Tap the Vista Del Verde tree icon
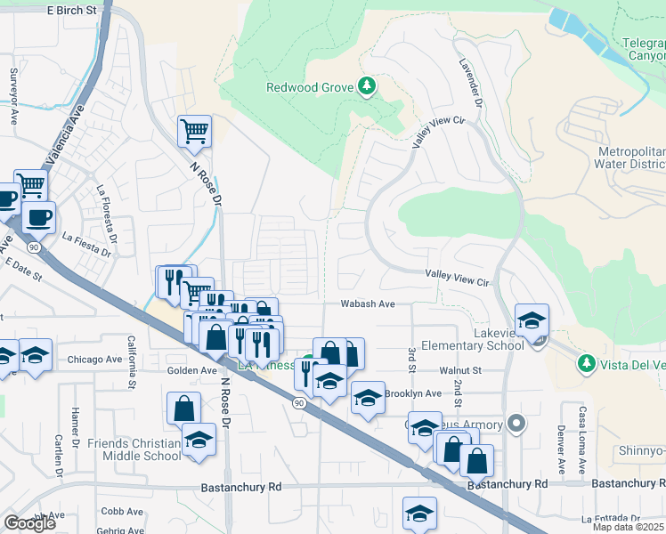pos(586,362)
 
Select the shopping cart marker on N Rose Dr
pos(194,133)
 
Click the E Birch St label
pos(70,10)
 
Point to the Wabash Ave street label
pos(368,303)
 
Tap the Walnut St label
pos(459,370)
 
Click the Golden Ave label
pos(192,370)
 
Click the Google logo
pos(29,523)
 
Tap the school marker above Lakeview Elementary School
pos(532,321)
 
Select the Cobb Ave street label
pos(123,512)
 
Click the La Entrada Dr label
pos(610,518)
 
